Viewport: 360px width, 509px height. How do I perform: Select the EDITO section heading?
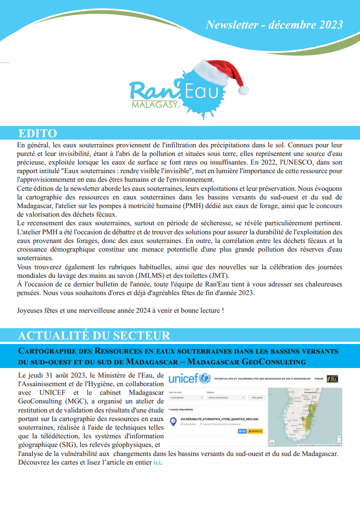38,133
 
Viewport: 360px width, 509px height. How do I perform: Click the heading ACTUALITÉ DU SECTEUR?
94,335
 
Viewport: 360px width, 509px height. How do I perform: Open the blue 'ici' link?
157,462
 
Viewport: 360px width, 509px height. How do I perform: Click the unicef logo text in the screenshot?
183,378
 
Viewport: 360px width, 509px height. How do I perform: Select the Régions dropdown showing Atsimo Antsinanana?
225,398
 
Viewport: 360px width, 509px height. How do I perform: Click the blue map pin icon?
173,422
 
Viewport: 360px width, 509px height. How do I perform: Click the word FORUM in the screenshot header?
319,378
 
